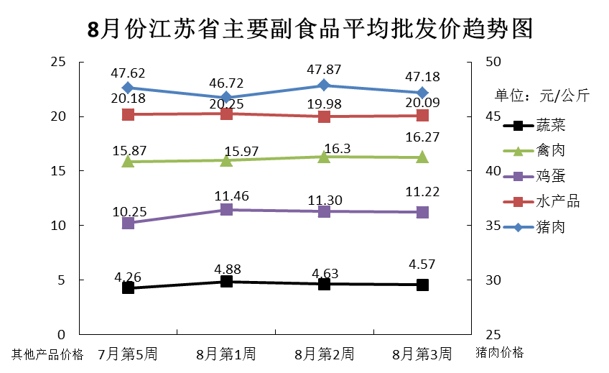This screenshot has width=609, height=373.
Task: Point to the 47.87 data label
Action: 324,70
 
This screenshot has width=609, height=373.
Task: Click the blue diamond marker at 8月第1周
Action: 226,97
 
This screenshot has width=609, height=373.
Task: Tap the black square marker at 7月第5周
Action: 129,287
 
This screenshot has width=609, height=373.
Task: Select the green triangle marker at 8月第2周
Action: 324,156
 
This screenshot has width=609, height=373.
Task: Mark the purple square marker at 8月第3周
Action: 422,212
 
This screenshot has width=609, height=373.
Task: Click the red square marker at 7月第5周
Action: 129,114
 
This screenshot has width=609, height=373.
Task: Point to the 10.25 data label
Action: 129,211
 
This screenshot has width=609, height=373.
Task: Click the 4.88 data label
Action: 226,269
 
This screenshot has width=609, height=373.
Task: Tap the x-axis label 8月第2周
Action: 324,354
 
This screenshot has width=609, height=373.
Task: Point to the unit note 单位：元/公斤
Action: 541,96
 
